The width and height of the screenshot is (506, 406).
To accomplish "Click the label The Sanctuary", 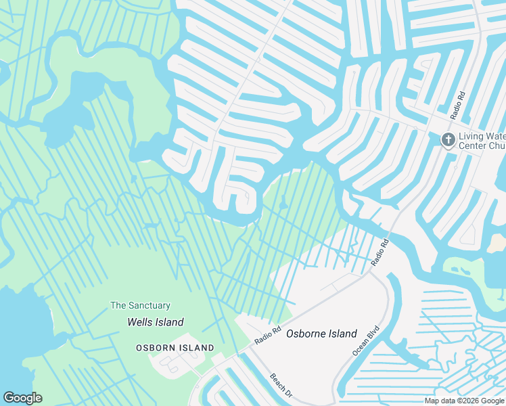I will [x=141, y=306].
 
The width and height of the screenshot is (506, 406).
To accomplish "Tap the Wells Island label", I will [x=156, y=323].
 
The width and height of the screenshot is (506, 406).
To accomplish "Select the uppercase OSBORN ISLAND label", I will [x=175, y=348].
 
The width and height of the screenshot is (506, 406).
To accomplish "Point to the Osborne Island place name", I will [x=321, y=334].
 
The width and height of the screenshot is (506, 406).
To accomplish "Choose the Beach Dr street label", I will [x=280, y=386].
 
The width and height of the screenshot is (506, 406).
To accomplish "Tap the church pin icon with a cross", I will [x=448, y=140].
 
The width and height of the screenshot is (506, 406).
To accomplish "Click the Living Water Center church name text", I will [x=482, y=141].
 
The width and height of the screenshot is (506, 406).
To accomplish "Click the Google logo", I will [x=23, y=398].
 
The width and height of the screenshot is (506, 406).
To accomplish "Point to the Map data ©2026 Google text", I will [x=465, y=401].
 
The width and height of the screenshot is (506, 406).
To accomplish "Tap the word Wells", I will [x=140, y=323].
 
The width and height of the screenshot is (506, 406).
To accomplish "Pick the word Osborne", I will [x=308, y=334].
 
